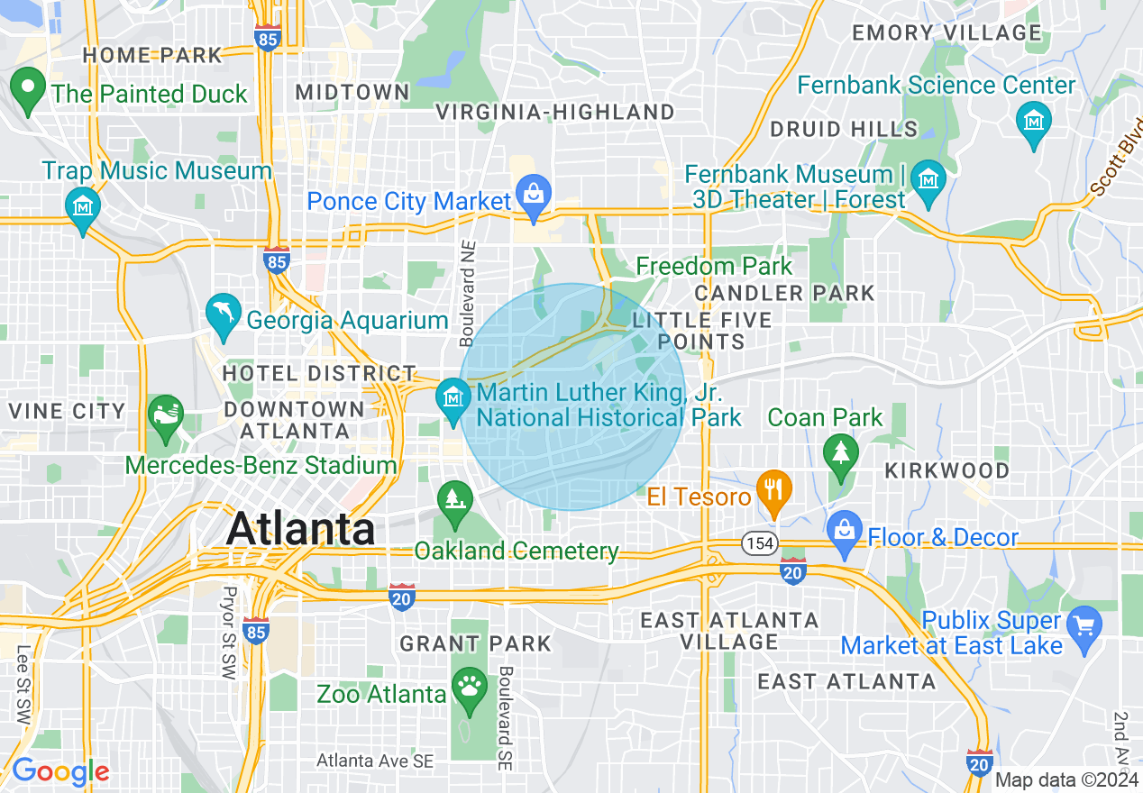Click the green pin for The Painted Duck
click(28, 90)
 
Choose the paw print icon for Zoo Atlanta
click(470, 688)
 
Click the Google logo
click(60, 771)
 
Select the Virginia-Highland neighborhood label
click(555, 112)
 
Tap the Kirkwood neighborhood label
click(946, 470)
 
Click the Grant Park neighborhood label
click(475, 643)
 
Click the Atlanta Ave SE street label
click(374, 761)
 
